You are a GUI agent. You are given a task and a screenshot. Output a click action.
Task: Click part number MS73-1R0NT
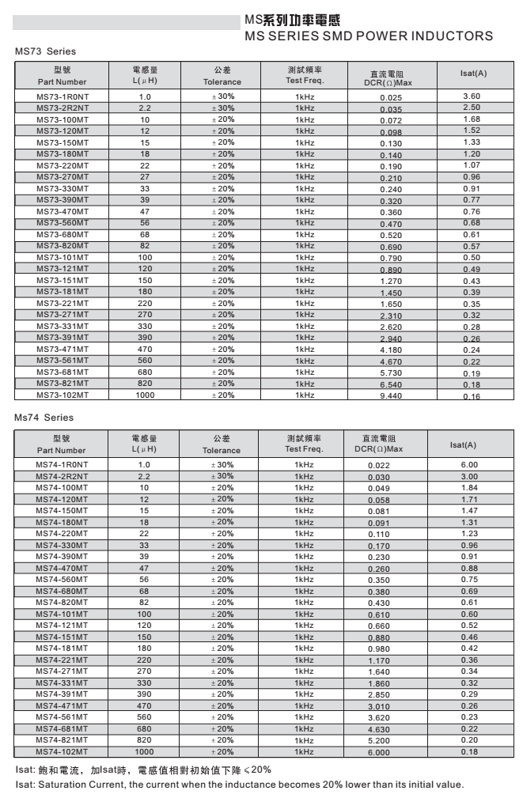(x=62, y=96)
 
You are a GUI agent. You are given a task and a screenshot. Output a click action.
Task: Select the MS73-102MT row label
(x=62, y=395)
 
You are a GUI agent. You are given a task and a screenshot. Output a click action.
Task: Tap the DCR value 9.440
(x=390, y=396)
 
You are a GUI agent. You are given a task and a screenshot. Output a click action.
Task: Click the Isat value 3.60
(x=472, y=96)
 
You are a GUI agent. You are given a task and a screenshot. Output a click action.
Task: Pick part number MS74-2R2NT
(x=62, y=476)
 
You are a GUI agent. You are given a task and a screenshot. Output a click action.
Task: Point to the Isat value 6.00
(x=469, y=465)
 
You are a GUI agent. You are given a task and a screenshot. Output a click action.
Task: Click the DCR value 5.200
(x=379, y=741)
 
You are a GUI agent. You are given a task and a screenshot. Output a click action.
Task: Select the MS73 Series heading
(x=45, y=51)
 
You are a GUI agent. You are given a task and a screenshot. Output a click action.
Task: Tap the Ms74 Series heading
(x=44, y=418)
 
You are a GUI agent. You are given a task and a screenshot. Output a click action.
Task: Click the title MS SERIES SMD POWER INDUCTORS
(x=369, y=36)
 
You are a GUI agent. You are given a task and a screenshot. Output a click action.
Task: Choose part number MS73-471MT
(x=62, y=349)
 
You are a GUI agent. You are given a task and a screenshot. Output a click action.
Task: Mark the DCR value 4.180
(x=390, y=350)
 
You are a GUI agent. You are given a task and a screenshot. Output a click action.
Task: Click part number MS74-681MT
(x=62, y=728)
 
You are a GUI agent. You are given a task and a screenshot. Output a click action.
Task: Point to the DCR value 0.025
(x=390, y=98)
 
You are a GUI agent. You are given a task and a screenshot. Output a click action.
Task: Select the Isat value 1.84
(x=469, y=488)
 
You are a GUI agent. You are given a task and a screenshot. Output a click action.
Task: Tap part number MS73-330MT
(x=62, y=188)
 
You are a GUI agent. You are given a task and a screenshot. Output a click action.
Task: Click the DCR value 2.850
(x=379, y=695)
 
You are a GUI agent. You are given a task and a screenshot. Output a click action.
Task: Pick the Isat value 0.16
(x=472, y=396)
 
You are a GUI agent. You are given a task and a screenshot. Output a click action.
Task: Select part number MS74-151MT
(x=62, y=637)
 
